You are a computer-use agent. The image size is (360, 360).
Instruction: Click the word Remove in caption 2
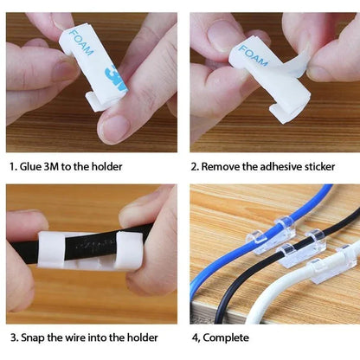point(226,165)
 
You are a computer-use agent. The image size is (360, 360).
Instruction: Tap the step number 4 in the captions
point(194,338)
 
